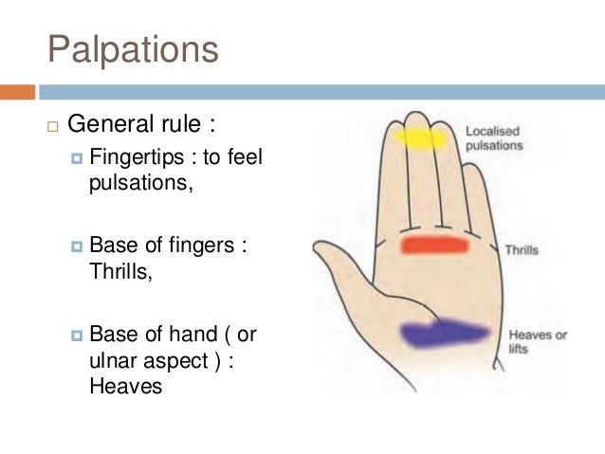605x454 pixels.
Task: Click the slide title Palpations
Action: pyautogui.click(x=133, y=49)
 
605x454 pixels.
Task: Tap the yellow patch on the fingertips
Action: pyautogui.click(x=420, y=139)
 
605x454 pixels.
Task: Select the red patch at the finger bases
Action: pyautogui.click(x=434, y=245)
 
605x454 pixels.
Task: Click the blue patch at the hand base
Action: pyautogui.click(x=444, y=334)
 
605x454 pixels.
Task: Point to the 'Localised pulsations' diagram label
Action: pyautogui.click(x=494, y=138)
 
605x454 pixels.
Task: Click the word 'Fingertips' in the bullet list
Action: pyautogui.click(x=132, y=157)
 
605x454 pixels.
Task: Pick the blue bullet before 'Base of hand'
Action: pyautogui.click(x=77, y=336)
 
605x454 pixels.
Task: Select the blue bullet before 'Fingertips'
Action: pyautogui.click(x=77, y=158)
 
